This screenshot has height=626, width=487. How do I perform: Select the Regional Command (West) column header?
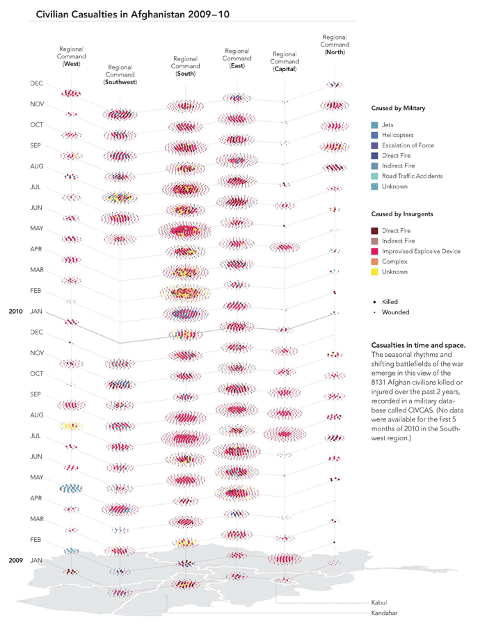coord(72,56)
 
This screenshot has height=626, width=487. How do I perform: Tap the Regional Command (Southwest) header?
coord(120,74)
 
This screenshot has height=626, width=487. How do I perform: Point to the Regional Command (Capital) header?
coord(285,62)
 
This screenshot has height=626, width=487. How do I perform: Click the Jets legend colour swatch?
coord(376,125)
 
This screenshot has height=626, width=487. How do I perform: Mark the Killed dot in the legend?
coord(376,302)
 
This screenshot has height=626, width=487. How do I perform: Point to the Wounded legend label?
coord(396,312)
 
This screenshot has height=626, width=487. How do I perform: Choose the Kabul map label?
coord(379,602)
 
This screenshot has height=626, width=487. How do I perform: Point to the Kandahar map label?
coord(384,613)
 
